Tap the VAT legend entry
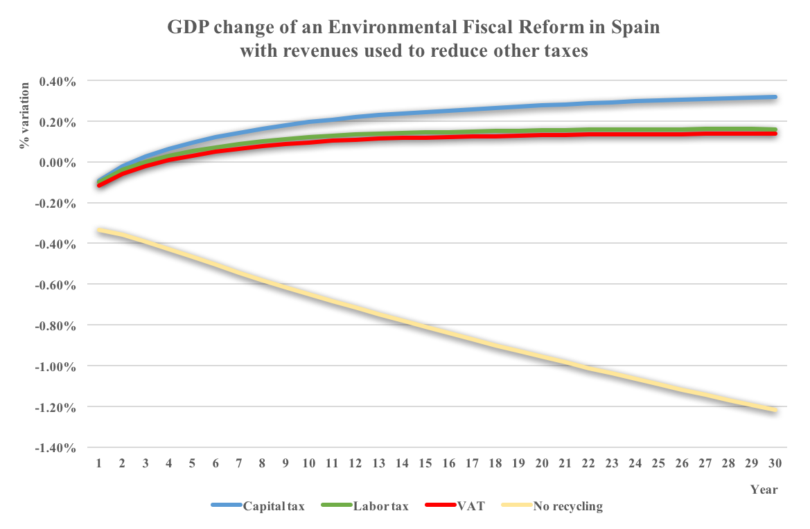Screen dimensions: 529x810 tap(470, 506)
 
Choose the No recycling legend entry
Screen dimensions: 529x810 tap(567, 506)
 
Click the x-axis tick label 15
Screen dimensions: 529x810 tap(426, 462)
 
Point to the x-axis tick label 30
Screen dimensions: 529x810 tap(775, 462)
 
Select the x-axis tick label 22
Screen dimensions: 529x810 tap(589, 462)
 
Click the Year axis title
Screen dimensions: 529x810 tap(764, 490)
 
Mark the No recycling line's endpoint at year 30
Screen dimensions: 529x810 tap(775, 411)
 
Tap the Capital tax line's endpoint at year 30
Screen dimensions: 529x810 tap(775, 97)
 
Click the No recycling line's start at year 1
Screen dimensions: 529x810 tap(100, 230)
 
